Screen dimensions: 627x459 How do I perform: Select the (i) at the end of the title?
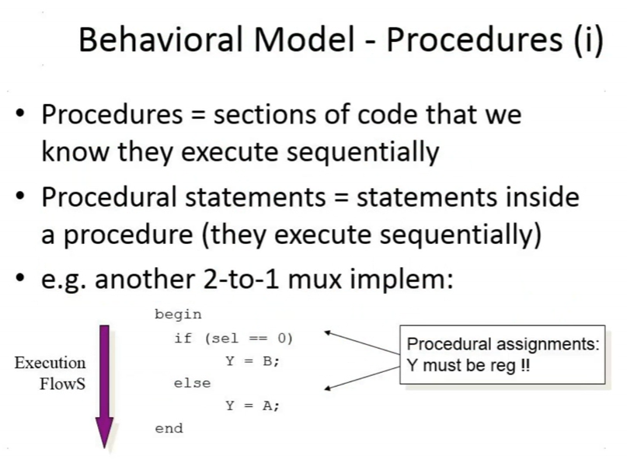click(x=589, y=40)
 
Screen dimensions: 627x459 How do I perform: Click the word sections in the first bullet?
click(x=265, y=115)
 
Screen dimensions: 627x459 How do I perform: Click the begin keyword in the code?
click(x=178, y=315)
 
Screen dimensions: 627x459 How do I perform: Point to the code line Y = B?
click(x=253, y=361)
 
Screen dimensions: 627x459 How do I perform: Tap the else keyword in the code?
click(x=192, y=384)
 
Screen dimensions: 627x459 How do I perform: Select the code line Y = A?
click(x=253, y=406)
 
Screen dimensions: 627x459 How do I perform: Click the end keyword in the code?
click(x=169, y=428)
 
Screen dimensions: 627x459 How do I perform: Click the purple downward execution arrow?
click(x=104, y=386)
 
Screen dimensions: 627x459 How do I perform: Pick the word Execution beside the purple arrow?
click(x=50, y=363)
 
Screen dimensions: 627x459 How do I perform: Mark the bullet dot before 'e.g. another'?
click(x=20, y=277)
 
